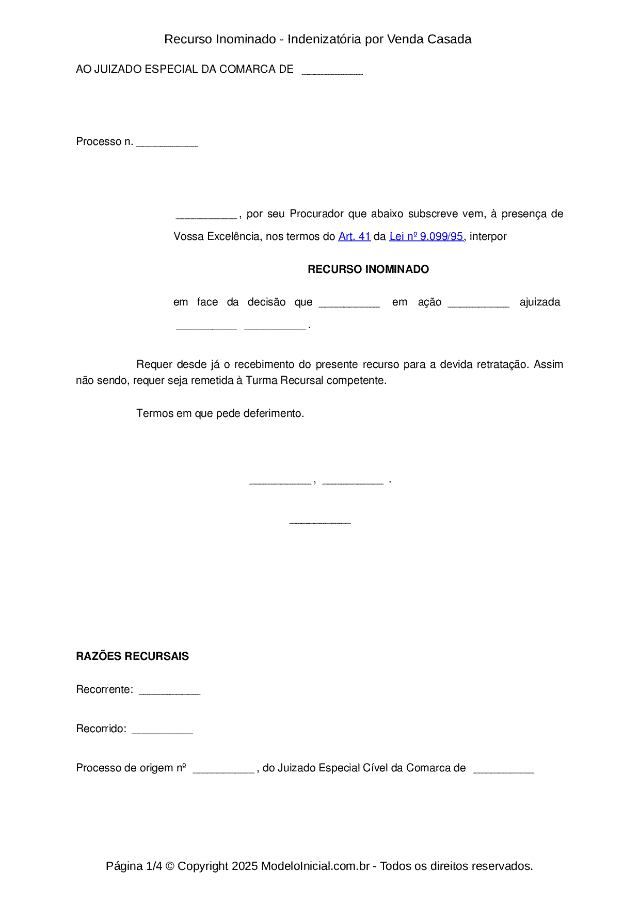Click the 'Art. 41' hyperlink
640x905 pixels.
click(x=355, y=236)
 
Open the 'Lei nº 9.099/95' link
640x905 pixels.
click(x=426, y=236)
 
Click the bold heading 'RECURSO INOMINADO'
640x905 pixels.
click(x=368, y=269)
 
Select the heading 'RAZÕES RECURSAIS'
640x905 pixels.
click(x=132, y=656)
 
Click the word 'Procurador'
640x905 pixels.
click(x=316, y=214)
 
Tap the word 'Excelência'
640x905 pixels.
click(x=234, y=236)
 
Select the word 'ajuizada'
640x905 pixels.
click(x=540, y=302)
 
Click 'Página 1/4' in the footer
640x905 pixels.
click(x=134, y=866)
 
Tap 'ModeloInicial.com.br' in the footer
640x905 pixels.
click(x=315, y=866)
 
